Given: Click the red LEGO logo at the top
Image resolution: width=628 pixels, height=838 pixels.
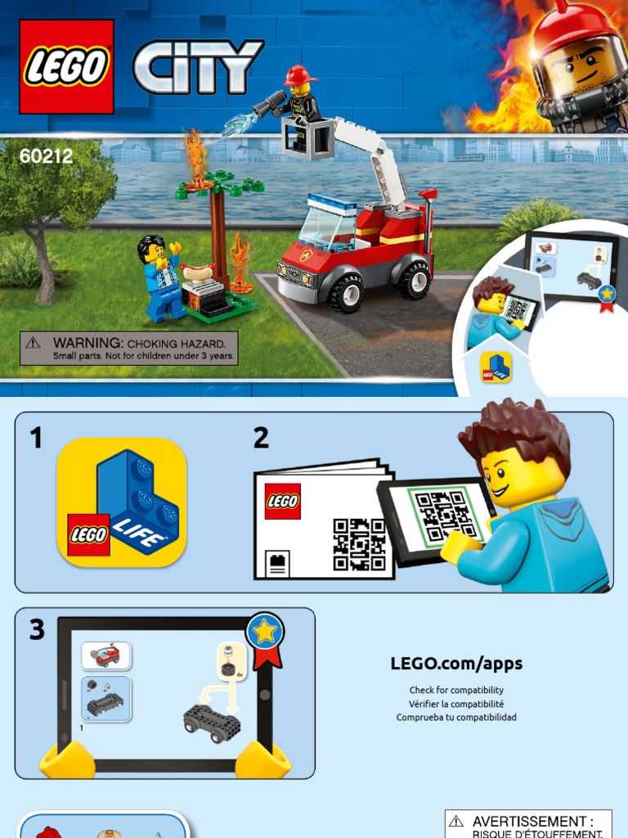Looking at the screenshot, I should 66,66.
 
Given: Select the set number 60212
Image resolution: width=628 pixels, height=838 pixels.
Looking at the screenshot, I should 46,155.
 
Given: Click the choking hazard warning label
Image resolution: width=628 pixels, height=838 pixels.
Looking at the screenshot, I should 129,348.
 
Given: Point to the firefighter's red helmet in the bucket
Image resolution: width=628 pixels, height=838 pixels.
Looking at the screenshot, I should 300,75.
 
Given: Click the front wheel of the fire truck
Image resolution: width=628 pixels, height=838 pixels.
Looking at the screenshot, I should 345,291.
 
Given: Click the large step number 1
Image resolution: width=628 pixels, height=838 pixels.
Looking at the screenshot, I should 35,439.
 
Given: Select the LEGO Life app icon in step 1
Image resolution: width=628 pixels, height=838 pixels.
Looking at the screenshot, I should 122,502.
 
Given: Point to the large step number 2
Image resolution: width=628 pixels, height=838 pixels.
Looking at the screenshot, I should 261,439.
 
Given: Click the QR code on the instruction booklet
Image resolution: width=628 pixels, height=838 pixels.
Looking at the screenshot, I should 359,544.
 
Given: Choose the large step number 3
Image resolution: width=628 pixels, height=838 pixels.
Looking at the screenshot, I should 37,630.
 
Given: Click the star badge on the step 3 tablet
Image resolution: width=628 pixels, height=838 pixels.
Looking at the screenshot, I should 265,632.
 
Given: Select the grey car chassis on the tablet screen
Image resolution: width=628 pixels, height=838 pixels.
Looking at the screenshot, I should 211,722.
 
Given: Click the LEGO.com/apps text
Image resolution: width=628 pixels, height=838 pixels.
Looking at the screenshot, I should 456,664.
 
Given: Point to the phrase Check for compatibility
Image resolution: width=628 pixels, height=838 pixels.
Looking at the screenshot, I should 456,690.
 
